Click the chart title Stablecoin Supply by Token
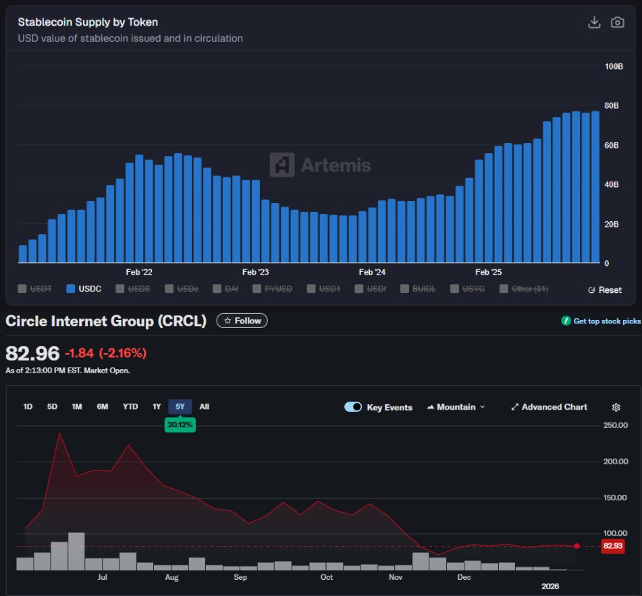pyautogui.click(x=88, y=22)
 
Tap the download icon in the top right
pyautogui.click(x=594, y=22)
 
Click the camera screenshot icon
pyautogui.click(x=617, y=22)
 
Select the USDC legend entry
pyautogui.click(x=84, y=289)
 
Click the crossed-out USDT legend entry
pyautogui.click(x=36, y=289)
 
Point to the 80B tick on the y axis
pyautogui.click(x=612, y=105)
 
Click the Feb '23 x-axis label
pyautogui.click(x=255, y=272)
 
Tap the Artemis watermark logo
pyautogui.click(x=320, y=165)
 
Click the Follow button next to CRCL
pyautogui.click(x=242, y=321)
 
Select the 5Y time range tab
pyautogui.click(x=180, y=406)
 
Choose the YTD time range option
pyautogui.click(x=130, y=406)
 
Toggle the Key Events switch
pyautogui.click(x=353, y=407)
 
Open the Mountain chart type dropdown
pyautogui.click(x=456, y=407)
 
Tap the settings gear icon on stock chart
pyautogui.click(x=616, y=407)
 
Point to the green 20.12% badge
pyautogui.click(x=180, y=425)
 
